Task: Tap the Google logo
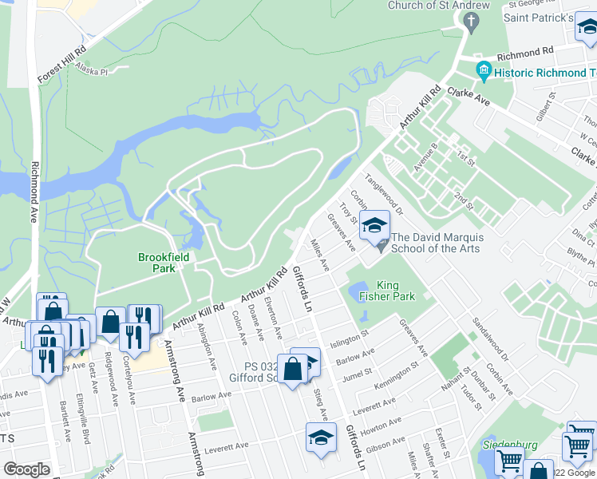pos(26,469)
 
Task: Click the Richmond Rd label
pos(524,57)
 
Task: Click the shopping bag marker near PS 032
pos(293,369)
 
